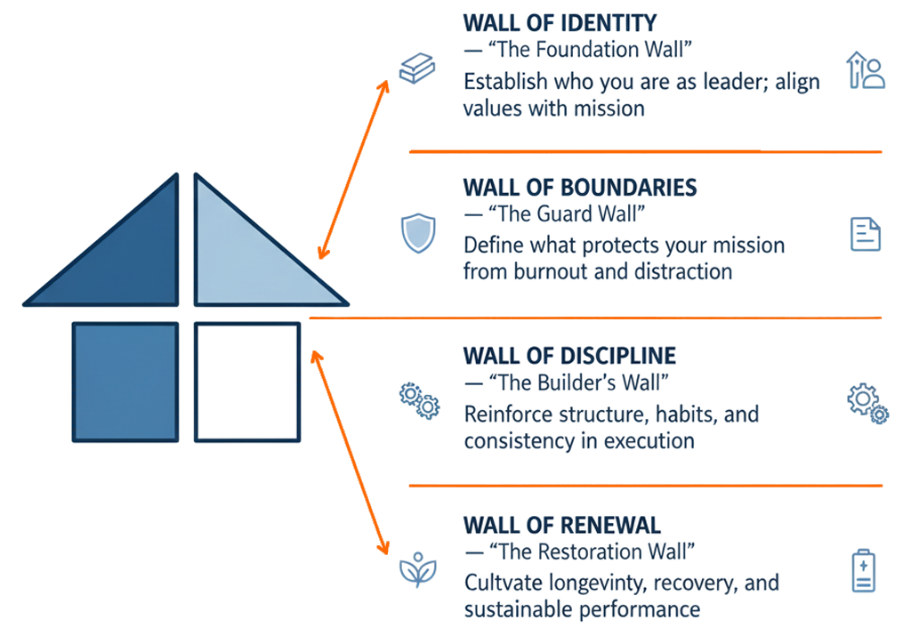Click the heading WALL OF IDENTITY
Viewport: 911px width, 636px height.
pos(560,22)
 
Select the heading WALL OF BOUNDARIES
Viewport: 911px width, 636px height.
pos(579,188)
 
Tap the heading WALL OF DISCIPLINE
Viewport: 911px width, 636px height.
pos(569,357)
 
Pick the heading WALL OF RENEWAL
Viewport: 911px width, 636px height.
pos(562,524)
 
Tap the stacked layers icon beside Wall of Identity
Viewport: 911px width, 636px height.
pos(416,69)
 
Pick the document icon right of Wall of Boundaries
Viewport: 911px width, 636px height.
pos(865,233)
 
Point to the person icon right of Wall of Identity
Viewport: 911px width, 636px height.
pos(867,69)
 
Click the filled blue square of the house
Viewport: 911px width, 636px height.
pos(125,382)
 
